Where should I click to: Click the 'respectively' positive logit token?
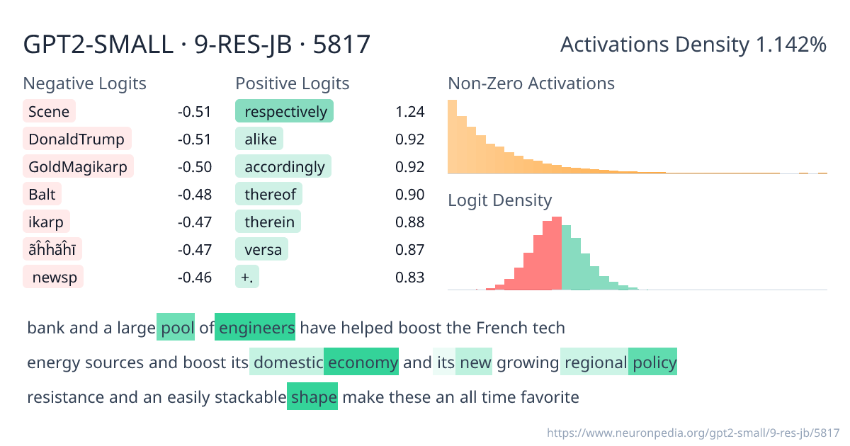click(x=284, y=111)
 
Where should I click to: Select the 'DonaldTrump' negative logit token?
click(x=77, y=139)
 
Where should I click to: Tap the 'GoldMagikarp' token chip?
click(x=78, y=166)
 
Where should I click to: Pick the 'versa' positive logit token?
click(x=262, y=249)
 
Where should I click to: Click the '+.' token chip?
click(x=247, y=277)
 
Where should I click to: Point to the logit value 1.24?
click(x=410, y=112)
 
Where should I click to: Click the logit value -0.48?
click(x=195, y=194)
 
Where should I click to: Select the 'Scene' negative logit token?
click(x=50, y=111)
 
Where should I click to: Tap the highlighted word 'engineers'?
click(x=255, y=327)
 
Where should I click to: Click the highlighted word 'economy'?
click(x=361, y=362)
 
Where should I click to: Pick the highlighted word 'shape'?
click(x=312, y=396)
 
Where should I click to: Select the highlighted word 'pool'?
click(x=176, y=327)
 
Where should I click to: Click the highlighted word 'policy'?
click(x=652, y=362)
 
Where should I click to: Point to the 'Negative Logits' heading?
click(x=84, y=84)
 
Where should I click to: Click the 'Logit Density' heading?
click(x=500, y=200)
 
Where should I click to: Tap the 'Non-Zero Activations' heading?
click(x=531, y=84)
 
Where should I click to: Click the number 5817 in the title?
click(x=341, y=45)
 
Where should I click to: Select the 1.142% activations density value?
click(x=791, y=45)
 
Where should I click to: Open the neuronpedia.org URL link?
click(x=693, y=433)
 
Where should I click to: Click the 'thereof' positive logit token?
click(x=269, y=194)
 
